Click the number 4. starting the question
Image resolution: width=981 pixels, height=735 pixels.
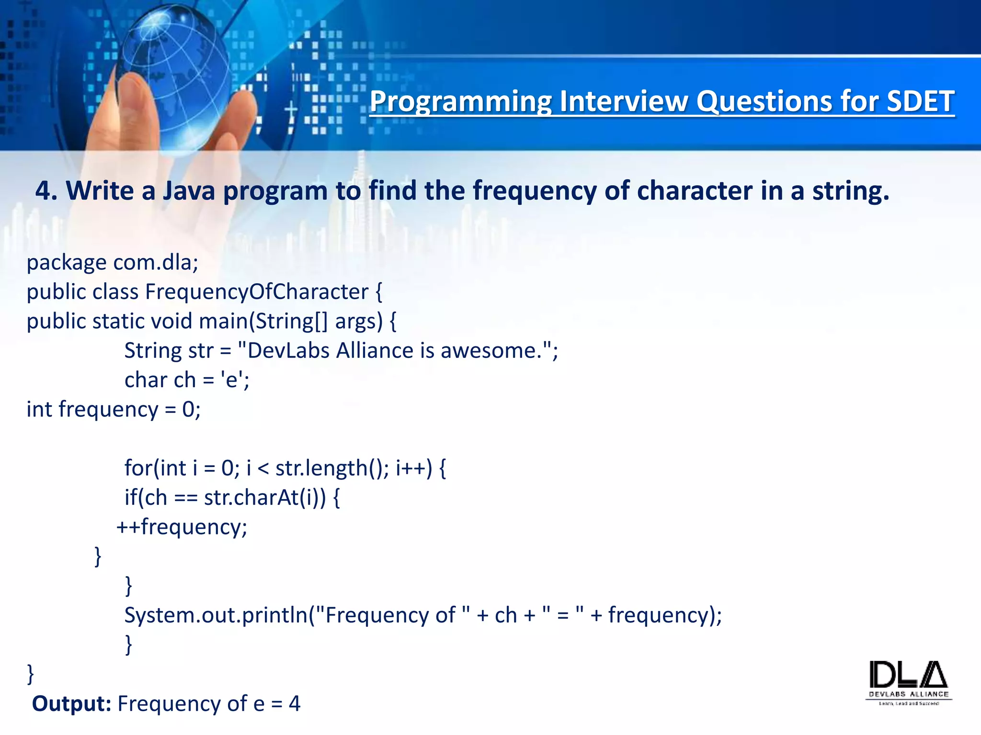(x=46, y=190)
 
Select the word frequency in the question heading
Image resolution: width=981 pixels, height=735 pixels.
(x=534, y=190)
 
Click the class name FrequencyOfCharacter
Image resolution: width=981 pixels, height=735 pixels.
(x=257, y=292)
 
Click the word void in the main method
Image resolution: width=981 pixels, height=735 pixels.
(x=171, y=321)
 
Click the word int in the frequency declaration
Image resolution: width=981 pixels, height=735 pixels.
(x=39, y=410)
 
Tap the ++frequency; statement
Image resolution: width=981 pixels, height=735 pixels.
(x=182, y=527)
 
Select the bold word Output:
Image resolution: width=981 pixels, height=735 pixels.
(x=71, y=704)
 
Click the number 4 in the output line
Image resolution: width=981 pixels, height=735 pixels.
(x=295, y=704)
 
